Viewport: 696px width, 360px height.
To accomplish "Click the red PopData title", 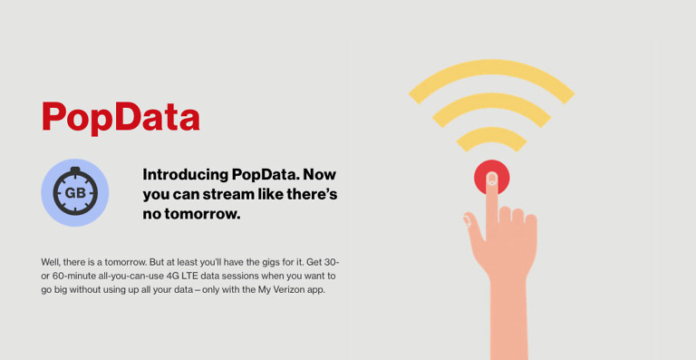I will click(120, 117).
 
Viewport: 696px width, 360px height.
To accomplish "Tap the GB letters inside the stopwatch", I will click(74, 193).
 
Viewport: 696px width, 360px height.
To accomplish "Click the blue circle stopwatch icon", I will click(74, 192).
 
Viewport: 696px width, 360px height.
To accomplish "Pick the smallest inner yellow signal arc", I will click(491, 134).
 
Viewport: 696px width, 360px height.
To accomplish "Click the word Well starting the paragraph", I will click(53, 261).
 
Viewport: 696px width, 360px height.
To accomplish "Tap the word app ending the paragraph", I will click(313, 289).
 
